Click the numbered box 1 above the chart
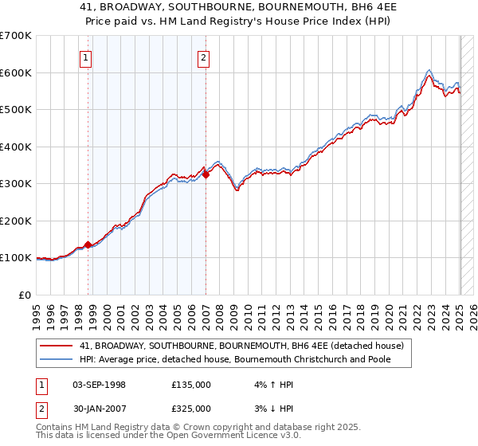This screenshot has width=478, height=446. [x=85, y=57]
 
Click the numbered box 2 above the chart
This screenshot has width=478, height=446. [x=204, y=57]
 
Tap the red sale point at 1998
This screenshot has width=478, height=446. [x=88, y=245]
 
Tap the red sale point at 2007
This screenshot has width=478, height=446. [x=206, y=174]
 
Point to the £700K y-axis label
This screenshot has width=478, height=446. [x=15, y=36]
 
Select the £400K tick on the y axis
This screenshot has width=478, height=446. [x=15, y=147]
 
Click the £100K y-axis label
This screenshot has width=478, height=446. [x=15, y=258]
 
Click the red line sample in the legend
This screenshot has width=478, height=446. [x=57, y=346]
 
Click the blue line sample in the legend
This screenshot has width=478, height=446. [x=57, y=360]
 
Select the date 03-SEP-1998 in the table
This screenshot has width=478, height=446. [x=99, y=385]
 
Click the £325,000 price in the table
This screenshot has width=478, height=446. [x=191, y=409]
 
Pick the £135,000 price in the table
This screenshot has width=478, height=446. [x=191, y=385]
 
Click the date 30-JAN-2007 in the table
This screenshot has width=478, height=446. [x=99, y=409]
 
